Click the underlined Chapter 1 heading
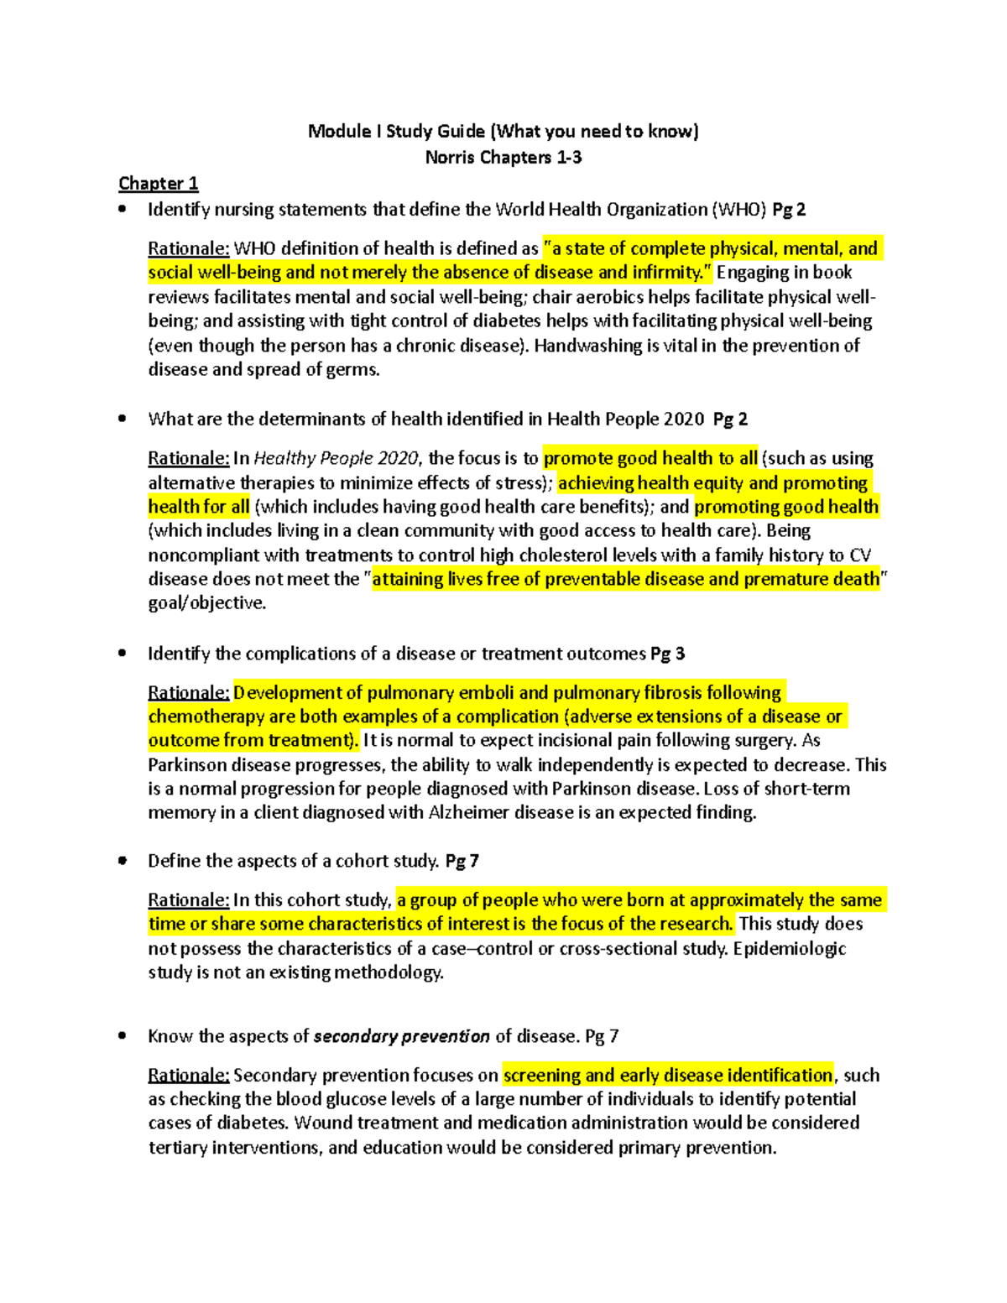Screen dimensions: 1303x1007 coord(159,183)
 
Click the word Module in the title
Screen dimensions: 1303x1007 coord(339,131)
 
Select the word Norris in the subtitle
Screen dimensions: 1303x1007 coord(452,157)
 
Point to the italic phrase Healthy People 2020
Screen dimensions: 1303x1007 coord(336,458)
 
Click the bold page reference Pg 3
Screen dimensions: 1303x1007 coord(668,654)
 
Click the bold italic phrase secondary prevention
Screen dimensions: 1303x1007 coord(401,1036)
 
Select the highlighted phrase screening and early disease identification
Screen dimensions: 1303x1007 coord(668,1075)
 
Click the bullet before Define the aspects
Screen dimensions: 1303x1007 coord(123,861)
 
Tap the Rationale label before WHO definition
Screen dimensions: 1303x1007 coord(189,248)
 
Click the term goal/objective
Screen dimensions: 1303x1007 coord(206,602)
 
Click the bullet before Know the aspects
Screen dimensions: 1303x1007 coord(123,1036)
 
